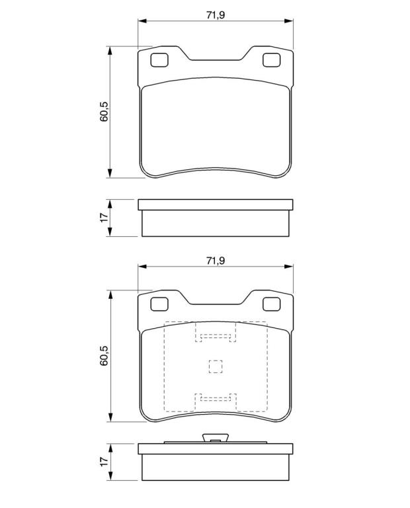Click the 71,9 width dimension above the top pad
coord(216,15)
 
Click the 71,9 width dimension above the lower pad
coord(216,261)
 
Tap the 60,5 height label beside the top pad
coord(104,112)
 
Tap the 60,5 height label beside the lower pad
coord(104,356)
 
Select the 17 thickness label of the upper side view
coord(104,218)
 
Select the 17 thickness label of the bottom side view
coord(104,462)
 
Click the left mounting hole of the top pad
coord(159,60)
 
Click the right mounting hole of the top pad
coord(271,60)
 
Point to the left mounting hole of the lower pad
coord(159,304)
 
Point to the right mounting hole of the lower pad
coord(271,304)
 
